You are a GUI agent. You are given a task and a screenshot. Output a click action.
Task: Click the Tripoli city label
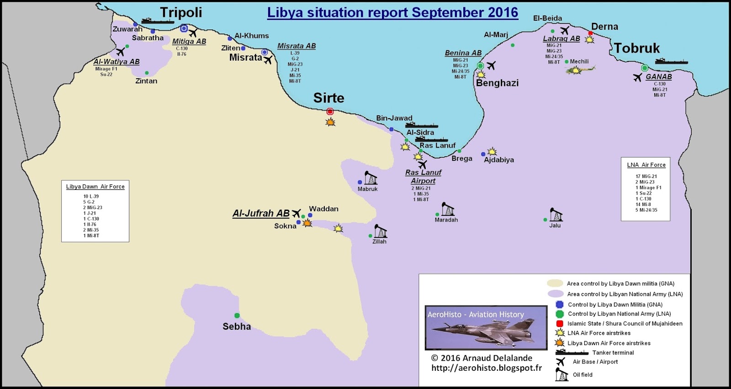pos(180,13)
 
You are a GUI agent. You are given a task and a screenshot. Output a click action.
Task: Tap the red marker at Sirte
pos(330,111)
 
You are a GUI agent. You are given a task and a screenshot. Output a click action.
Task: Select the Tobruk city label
pos(636,48)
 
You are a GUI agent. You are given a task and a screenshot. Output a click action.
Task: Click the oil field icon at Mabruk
pos(371,178)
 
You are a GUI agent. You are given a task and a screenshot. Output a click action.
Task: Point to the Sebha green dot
pos(237,315)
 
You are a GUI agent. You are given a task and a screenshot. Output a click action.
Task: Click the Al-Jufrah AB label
pos(260,213)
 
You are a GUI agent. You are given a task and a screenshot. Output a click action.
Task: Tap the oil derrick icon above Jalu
pos(556,215)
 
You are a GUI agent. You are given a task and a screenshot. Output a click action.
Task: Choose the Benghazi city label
pos(497,83)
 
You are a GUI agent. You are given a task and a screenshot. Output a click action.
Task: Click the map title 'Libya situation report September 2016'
pos(392,13)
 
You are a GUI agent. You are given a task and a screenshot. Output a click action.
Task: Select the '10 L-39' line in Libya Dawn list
pos(91,196)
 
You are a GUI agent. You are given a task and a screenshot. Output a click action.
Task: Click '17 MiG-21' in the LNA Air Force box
pos(646,176)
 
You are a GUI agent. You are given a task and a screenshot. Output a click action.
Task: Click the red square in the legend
pos(560,323)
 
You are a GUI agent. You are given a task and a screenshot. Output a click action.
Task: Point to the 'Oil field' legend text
pos(583,375)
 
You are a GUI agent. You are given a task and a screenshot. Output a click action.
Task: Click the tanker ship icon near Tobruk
pos(671,61)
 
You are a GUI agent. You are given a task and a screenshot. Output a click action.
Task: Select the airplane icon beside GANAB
pos(638,78)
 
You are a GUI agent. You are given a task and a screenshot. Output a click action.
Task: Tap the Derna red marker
pos(590,33)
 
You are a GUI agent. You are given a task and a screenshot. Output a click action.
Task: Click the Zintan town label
pos(146,81)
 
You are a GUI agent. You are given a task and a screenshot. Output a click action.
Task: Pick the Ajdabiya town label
pos(499,160)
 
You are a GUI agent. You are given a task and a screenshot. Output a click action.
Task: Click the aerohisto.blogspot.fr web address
pos(487,368)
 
